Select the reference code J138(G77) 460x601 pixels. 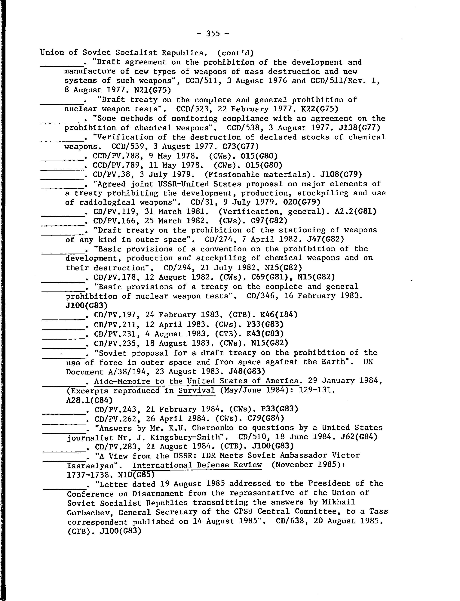[x=356, y=128]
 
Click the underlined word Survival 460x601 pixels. [x=196, y=390]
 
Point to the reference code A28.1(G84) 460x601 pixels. [x=89, y=400]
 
